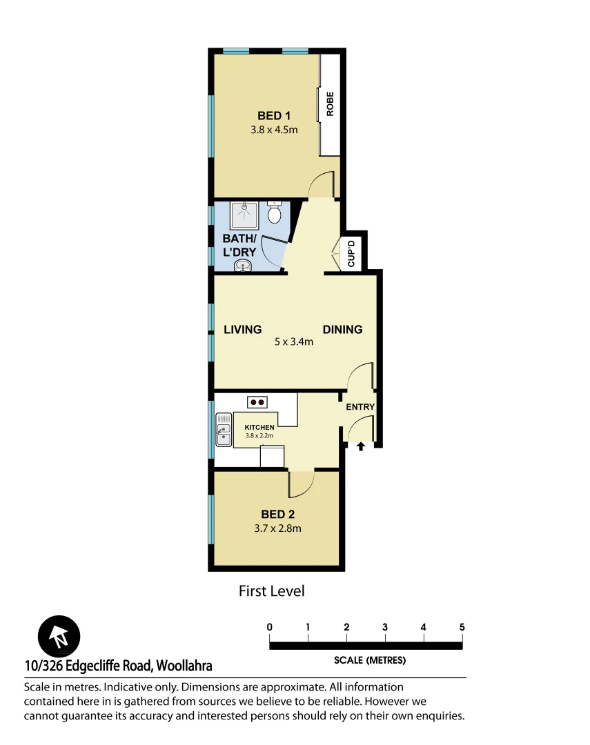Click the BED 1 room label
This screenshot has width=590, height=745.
[274, 116]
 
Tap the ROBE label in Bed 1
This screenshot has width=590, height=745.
[330, 103]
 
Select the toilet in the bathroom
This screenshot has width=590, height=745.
[275, 213]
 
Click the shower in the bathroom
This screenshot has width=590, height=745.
[244, 215]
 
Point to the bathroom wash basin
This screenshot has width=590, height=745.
[244, 266]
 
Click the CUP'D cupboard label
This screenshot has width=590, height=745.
[351, 253]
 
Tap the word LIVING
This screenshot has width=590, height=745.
[243, 330]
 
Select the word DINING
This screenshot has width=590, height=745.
[342, 330]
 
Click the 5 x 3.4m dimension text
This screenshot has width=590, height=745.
[293, 341]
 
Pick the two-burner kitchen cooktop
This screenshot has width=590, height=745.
[257, 401]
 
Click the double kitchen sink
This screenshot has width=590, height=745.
[224, 430]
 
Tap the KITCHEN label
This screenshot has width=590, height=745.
[259, 428]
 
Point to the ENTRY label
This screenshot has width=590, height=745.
[360, 407]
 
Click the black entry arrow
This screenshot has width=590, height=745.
[360, 447]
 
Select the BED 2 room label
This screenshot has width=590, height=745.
[277, 514]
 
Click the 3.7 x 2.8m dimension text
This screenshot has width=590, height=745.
[277, 529]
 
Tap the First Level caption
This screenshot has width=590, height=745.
[271, 591]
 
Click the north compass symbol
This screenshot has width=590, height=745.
[59, 635]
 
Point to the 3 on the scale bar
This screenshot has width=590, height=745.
[385, 627]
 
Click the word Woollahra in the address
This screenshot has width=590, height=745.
[184, 666]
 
